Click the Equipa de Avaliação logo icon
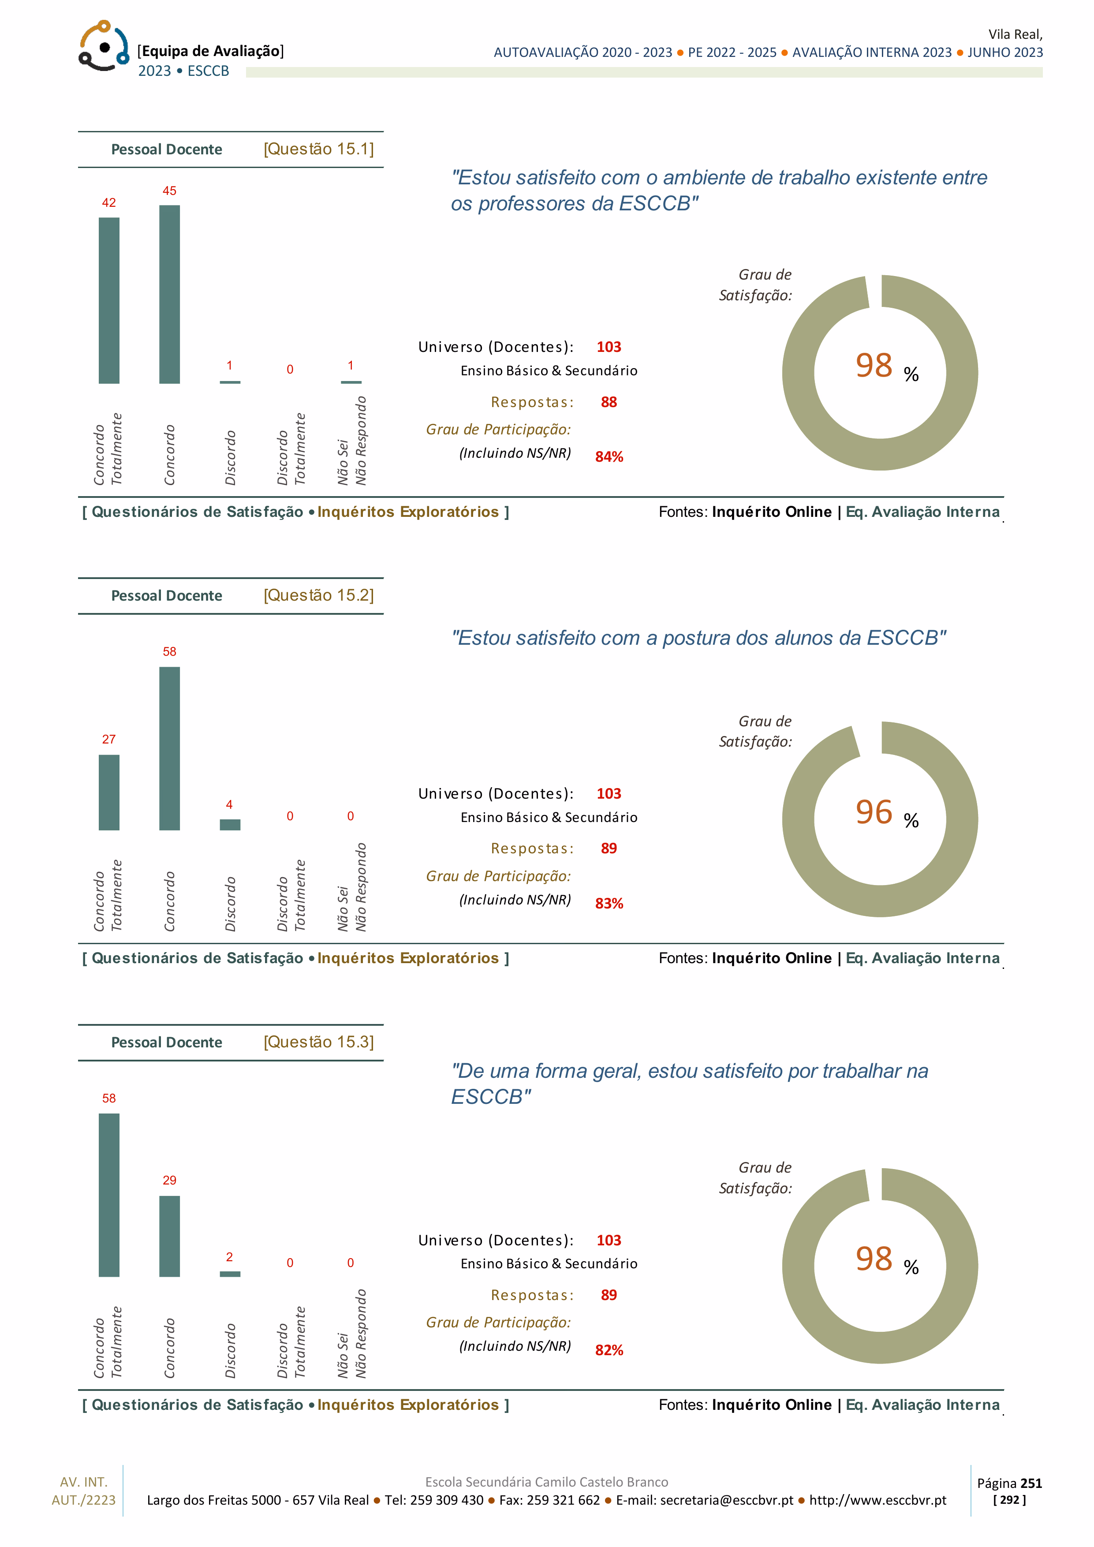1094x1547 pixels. point(104,46)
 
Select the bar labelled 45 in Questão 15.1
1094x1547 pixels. point(170,295)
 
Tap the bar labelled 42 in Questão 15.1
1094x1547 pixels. point(109,300)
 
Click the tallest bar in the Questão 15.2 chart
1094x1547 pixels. point(170,748)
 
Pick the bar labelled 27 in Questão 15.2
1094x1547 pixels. point(109,792)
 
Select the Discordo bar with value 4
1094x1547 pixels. point(230,825)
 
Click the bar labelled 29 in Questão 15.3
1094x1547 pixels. point(170,1237)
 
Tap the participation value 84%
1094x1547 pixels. point(609,457)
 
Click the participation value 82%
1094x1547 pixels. point(609,1350)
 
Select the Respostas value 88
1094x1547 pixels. point(609,402)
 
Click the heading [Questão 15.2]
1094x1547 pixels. point(319,596)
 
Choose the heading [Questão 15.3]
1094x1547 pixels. point(319,1043)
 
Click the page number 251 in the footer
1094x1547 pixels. point(1031,1483)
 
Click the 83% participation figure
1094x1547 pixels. point(609,904)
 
